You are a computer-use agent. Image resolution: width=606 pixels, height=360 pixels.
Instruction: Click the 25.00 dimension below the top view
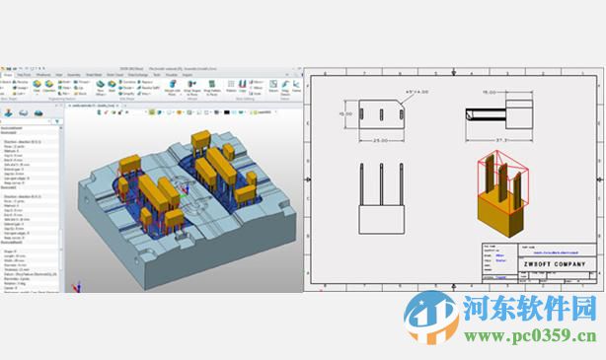pyautogui.click(x=381, y=140)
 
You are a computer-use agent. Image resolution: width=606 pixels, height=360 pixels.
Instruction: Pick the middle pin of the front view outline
pyautogui.click(x=381, y=186)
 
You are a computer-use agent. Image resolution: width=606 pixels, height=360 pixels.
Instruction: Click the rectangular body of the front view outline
pyautogui.click(x=381, y=219)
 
